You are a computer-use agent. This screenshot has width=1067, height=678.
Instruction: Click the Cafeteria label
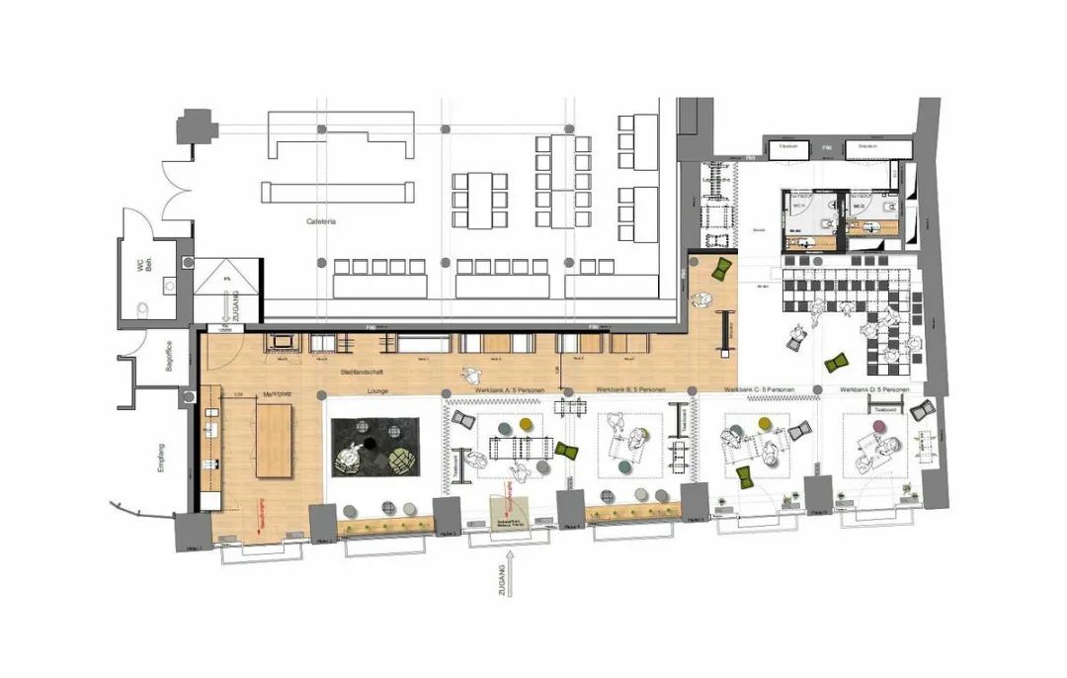321,222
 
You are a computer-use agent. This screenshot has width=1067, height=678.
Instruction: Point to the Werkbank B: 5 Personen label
635,390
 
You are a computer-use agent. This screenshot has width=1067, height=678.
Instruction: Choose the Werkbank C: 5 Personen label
758,390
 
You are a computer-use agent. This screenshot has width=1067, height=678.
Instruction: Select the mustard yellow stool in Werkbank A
525,424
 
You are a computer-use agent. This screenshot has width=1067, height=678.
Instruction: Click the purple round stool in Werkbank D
878,428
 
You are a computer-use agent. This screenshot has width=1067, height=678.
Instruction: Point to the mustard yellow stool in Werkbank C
762,423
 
